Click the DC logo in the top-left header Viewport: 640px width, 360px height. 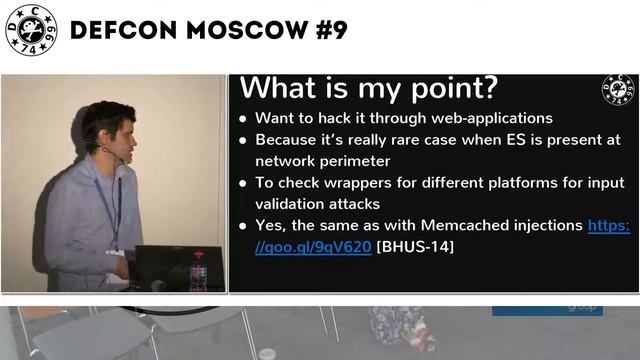click(31, 31)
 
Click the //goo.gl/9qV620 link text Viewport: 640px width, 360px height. click(313, 246)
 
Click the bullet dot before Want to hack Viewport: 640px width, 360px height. click(244, 119)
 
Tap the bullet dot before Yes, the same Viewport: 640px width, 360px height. click(244, 227)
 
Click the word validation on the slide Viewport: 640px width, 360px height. click(292, 203)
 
